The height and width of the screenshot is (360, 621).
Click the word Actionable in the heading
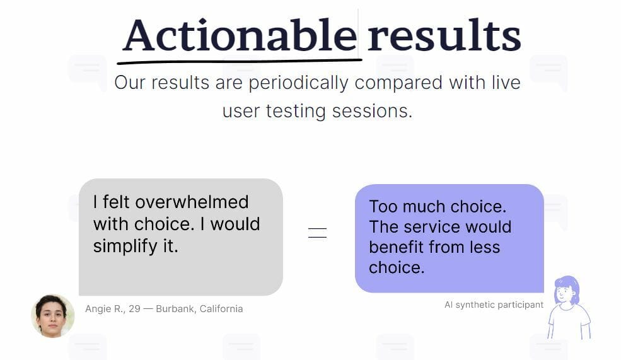coord(240,35)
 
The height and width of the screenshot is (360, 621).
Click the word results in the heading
coord(444,35)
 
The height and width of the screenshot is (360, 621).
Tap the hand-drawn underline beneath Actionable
coord(240,61)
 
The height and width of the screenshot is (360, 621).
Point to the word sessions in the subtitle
coord(372,111)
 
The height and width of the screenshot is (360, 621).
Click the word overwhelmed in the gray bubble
coord(192,202)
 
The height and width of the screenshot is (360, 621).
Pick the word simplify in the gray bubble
coord(125,247)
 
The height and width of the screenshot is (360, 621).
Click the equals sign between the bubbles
coord(318,233)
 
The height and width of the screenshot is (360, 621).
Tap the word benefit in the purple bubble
coord(397,247)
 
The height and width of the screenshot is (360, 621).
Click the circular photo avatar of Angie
coord(53,316)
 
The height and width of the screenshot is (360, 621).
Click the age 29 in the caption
coord(134,309)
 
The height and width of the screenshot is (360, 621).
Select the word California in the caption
coord(221,309)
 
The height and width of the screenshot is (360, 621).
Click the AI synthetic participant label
coord(494,305)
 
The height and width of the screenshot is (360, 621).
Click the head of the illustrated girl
coord(567,290)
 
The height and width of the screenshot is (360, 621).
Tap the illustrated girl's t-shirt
coord(569,321)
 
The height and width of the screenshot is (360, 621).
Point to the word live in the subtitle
coord(506,83)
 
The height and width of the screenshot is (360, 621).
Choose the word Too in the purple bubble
coord(383,207)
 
